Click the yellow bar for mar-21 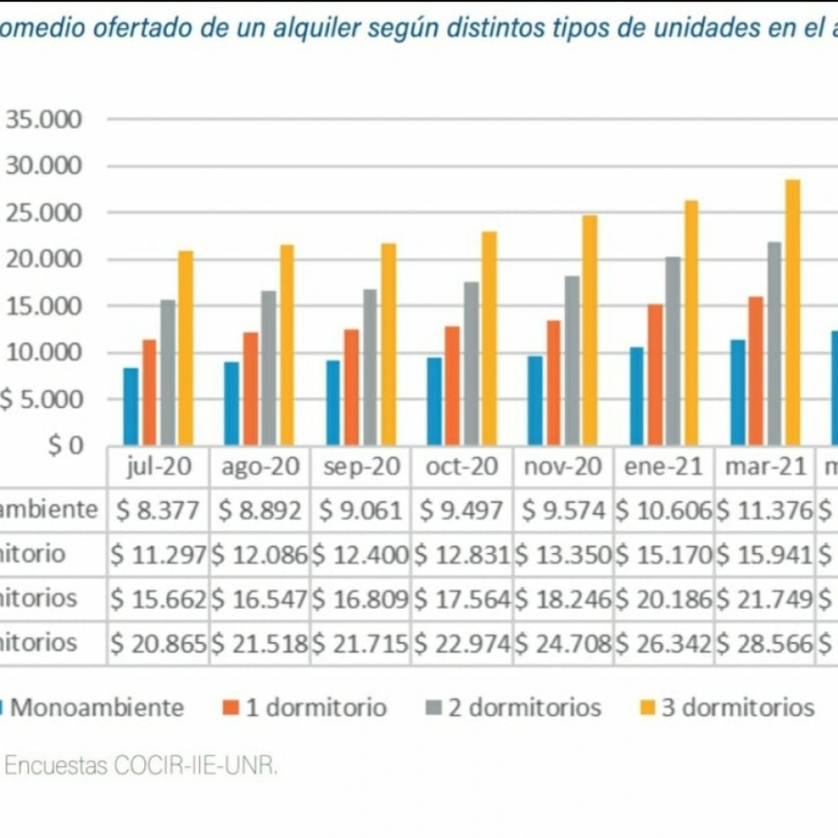[x=792, y=312]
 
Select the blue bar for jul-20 [x=131, y=406]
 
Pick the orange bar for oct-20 [x=452, y=386]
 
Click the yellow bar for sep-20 [x=388, y=345]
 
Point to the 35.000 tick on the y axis [x=44, y=119]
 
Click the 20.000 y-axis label [x=44, y=259]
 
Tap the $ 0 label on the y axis [x=65, y=446]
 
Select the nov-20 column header [x=563, y=466]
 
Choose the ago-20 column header [x=259, y=466]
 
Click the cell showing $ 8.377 [x=158, y=511]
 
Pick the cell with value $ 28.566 [x=764, y=643]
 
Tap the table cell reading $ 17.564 [x=462, y=599]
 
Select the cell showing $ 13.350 [x=563, y=555]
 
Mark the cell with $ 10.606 [x=663, y=511]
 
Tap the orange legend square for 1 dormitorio [x=230, y=708]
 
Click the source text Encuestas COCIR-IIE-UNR [x=140, y=766]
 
